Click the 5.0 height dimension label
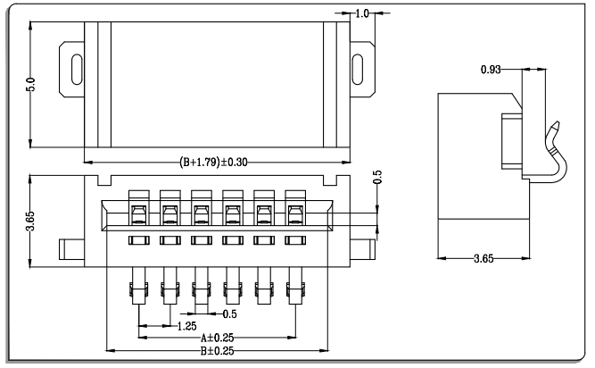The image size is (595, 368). pyautogui.click(x=30, y=84)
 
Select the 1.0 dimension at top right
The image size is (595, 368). pyautogui.click(x=362, y=13)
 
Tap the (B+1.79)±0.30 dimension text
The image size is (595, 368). pyautogui.click(x=213, y=163)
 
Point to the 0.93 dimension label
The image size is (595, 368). pyautogui.click(x=491, y=70)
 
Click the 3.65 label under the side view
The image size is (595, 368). pyautogui.click(x=483, y=259)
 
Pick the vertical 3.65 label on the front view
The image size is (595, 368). pyautogui.click(x=30, y=221)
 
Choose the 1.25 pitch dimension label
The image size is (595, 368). pyautogui.click(x=187, y=326)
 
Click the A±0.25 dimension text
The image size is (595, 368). pyautogui.click(x=217, y=338)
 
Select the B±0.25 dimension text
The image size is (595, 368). pyautogui.click(x=217, y=351)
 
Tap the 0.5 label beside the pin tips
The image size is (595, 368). pyautogui.click(x=229, y=314)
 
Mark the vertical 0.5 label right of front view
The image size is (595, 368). pyautogui.click(x=377, y=177)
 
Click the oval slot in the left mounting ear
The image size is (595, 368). pyautogui.click(x=77, y=69)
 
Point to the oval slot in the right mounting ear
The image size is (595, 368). pyautogui.click(x=358, y=69)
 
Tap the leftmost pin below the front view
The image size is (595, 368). pyautogui.click(x=139, y=286)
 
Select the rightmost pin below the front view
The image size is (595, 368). pyautogui.click(x=295, y=286)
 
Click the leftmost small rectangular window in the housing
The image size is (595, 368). pyautogui.click(x=139, y=240)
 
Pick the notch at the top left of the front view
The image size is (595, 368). pyautogui.click(x=104, y=180)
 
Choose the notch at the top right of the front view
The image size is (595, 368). pyautogui.click(x=330, y=180)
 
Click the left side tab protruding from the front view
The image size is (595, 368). pyautogui.click(x=71, y=249)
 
